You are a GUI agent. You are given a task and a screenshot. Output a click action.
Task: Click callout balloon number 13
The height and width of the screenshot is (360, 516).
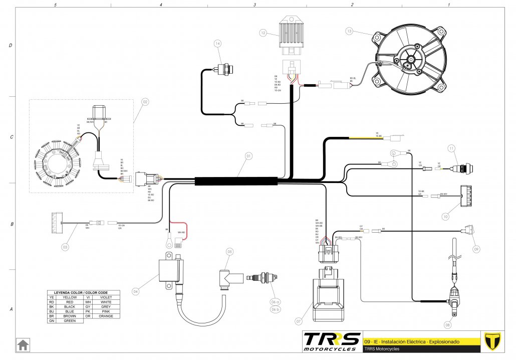349,31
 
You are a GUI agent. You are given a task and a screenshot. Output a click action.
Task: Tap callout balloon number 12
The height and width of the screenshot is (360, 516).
263,33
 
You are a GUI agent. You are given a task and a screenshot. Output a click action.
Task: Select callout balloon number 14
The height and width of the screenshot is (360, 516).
217,44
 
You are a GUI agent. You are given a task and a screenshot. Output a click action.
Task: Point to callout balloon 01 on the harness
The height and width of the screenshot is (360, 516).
248,156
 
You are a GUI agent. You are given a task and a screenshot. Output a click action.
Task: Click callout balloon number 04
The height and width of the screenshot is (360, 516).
135,290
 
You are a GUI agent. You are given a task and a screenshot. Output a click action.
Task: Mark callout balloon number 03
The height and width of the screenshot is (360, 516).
65,247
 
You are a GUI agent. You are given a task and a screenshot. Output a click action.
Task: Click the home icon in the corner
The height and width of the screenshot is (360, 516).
23,345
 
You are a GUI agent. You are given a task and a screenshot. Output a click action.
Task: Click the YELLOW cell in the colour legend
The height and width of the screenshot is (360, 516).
70,297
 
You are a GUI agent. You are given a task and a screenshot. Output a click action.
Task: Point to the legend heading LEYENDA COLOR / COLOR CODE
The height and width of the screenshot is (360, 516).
84,292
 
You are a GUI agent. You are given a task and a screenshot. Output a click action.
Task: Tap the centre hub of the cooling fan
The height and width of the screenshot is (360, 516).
410,61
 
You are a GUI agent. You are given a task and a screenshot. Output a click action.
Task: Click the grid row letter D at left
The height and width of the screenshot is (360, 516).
11,45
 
